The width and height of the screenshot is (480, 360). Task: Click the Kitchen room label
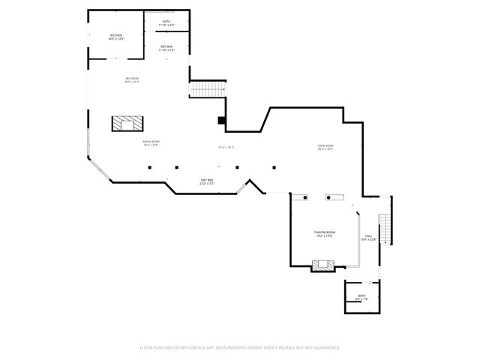[x=116, y=36]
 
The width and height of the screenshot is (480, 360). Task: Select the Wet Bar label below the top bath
[x=166, y=49]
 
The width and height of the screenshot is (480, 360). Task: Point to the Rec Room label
[x=132, y=79]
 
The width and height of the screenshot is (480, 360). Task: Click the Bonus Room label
[x=151, y=142]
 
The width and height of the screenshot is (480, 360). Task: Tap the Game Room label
[x=325, y=147]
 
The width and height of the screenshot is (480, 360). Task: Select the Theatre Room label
[x=325, y=234]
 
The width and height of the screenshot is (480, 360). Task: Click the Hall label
[x=369, y=238]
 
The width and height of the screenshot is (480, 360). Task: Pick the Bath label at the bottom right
[x=361, y=298]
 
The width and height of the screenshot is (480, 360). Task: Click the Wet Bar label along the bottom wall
[x=207, y=181]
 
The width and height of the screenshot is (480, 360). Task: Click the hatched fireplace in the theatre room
[x=324, y=264]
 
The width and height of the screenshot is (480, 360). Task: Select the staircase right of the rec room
[x=207, y=89]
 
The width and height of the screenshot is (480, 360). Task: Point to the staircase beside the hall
[x=385, y=229]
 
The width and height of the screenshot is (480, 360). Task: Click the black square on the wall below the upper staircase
[x=221, y=120]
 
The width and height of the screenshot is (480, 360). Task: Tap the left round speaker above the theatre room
[x=304, y=197]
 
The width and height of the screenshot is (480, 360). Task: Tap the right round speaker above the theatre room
[x=328, y=197]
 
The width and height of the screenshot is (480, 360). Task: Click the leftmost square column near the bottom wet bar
[x=149, y=167]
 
